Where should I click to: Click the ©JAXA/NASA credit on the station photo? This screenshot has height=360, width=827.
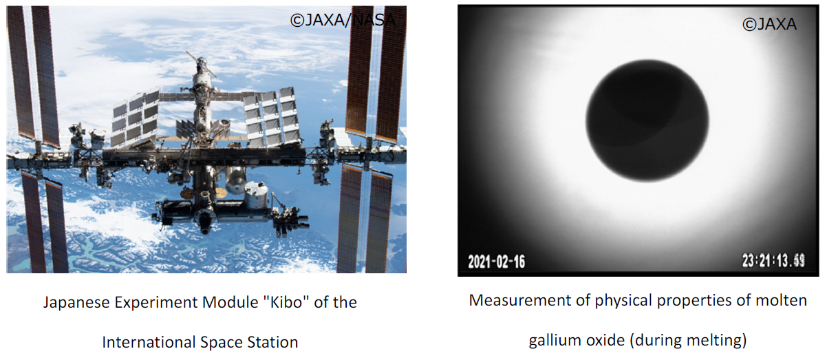[343, 20]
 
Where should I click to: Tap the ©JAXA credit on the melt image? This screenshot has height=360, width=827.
[769, 24]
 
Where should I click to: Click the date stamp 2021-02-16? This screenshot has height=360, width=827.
[496, 262]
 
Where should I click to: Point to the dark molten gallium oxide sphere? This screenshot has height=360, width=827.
[647, 120]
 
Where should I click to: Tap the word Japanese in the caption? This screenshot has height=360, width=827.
[76, 303]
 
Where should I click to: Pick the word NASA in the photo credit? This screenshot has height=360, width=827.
[374, 20]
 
